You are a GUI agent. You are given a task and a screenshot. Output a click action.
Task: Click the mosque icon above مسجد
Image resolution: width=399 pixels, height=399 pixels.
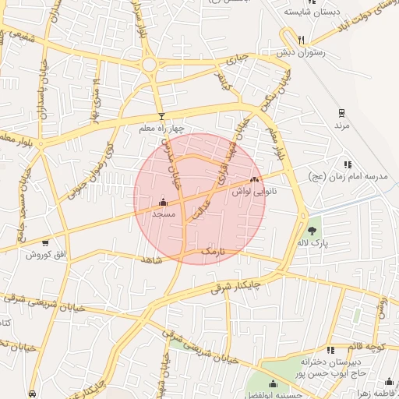pos(162,201)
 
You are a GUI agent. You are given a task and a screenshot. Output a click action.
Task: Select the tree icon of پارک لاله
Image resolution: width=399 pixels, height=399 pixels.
pos(312,231)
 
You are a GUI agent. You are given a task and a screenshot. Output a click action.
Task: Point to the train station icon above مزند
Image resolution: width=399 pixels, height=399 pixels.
pos(341,113)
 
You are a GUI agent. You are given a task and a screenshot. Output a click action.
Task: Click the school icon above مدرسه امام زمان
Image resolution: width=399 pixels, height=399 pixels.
pos(348,164)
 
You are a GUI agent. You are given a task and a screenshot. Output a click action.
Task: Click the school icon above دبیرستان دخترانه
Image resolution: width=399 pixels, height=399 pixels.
pos(330,349)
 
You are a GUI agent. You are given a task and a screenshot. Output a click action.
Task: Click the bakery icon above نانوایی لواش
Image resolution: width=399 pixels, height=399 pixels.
pos(254,179)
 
